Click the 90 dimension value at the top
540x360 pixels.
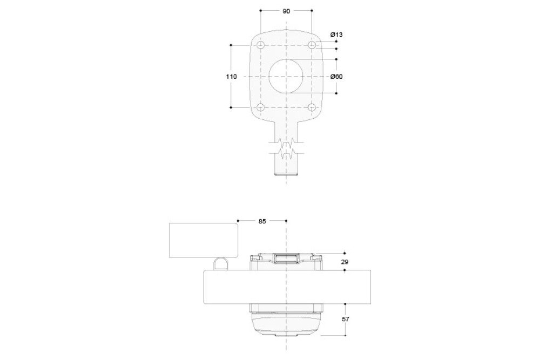point(286,11)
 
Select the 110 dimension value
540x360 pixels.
point(232,77)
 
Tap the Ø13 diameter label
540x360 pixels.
point(336,35)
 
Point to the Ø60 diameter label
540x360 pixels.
point(336,77)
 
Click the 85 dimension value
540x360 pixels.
point(262,221)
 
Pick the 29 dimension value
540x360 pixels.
point(345,262)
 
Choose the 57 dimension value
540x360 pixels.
point(346,319)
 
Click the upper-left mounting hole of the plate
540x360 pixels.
point(261,45)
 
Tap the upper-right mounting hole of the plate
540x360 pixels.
point(312,45)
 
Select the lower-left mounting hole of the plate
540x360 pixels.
point(261,107)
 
